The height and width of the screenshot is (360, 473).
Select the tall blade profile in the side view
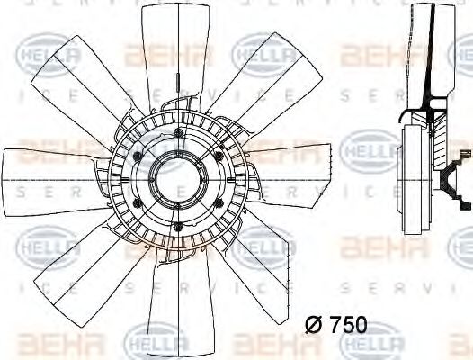[423, 54]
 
